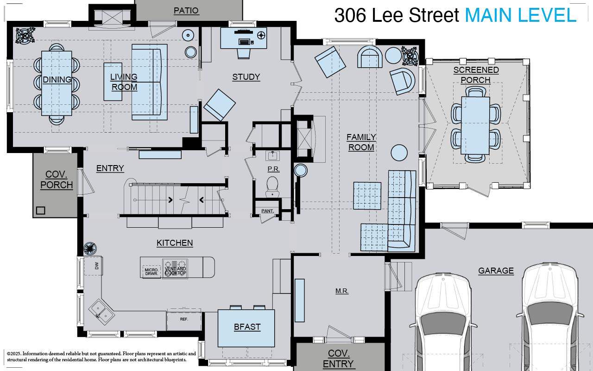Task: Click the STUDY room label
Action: click(246, 77)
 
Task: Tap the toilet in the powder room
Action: click(273, 185)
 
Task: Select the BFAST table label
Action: click(247, 327)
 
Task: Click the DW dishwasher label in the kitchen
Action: click(97, 266)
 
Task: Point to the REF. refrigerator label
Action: click(184, 319)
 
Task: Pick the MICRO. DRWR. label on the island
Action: click(151, 271)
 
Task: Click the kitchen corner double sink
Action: click(102, 310)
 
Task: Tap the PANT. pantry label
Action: click(267, 211)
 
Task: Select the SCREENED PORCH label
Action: click(476, 75)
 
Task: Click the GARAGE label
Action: click(496, 271)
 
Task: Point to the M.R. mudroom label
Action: click(342, 291)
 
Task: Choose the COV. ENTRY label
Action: click(338, 358)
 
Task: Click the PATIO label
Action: click(186, 11)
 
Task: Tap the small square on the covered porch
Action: click(41, 210)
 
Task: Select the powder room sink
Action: click(272, 155)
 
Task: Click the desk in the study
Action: click(243, 38)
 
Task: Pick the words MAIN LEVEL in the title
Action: click(520, 15)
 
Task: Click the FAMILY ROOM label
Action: click(361, 142)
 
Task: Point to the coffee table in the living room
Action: click(113, 82)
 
